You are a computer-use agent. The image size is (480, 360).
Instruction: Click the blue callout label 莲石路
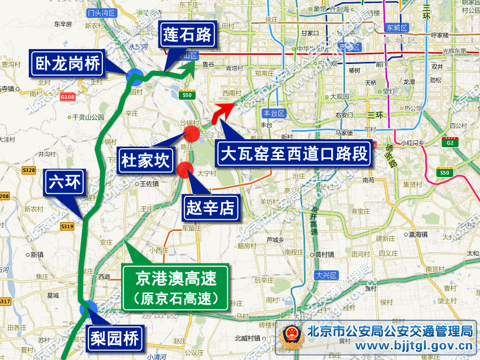187,36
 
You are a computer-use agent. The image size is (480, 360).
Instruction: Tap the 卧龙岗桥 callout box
68,65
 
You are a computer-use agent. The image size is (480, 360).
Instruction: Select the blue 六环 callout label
64,182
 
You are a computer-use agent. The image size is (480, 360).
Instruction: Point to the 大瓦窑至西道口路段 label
294,155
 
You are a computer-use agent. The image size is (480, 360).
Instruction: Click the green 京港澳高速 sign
176,287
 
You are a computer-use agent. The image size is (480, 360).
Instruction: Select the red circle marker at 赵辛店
185,169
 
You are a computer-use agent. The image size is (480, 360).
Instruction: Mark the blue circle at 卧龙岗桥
134,77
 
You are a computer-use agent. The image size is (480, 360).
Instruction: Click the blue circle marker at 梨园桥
89,309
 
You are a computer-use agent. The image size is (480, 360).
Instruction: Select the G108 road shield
67,97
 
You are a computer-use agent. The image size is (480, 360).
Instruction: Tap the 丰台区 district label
275,113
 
